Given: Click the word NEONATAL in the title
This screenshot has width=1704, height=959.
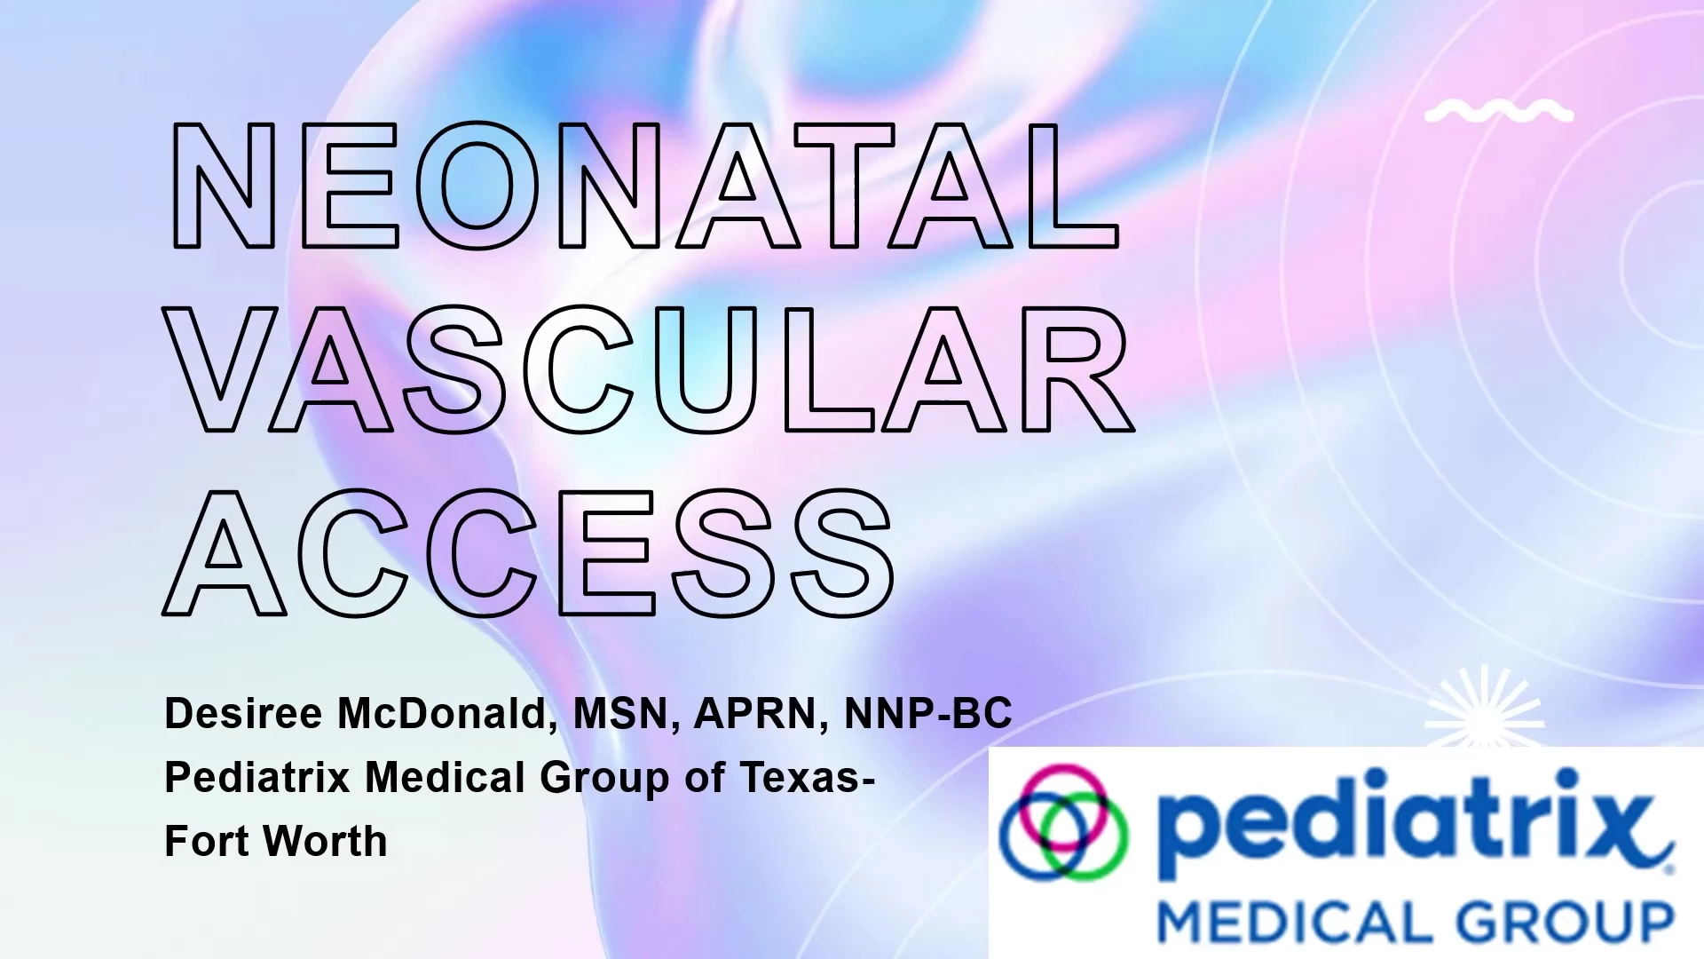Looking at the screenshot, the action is [645, 186].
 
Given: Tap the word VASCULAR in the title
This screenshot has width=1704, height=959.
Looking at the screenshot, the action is [649, 369].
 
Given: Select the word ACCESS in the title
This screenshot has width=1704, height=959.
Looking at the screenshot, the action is [530, 552].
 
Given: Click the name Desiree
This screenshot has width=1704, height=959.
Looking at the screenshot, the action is [244, 713].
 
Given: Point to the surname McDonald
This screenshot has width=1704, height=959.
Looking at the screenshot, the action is [447, 714].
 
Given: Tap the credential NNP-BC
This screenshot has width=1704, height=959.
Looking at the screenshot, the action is [928, 714].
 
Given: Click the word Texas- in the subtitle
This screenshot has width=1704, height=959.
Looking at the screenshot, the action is [808, 778].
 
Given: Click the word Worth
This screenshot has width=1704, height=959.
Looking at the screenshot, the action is [325, 841].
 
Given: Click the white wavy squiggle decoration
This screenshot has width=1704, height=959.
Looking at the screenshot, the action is [1499, 112].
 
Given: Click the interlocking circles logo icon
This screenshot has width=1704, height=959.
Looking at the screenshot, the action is [1063, 821].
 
